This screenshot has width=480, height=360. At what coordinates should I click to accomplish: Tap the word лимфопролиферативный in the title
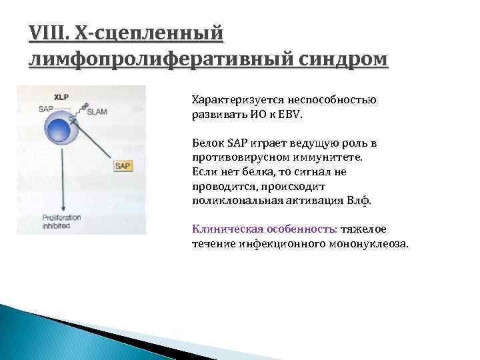pos(156,59)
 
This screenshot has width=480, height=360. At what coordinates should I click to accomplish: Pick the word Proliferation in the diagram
pos(62,217)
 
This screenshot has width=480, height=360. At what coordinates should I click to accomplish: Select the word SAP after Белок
pos(237,143)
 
